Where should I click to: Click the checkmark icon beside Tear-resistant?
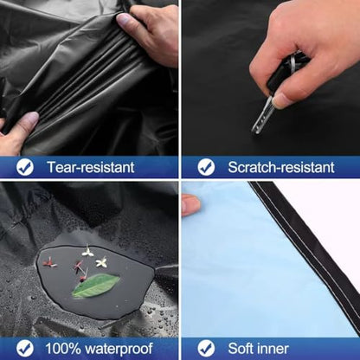click(x=25, y=167)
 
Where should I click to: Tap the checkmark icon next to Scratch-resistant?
click(x=206, y=167)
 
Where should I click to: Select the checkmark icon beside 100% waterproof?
click(x=25, y=349)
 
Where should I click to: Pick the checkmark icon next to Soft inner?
click(x=206, y=349)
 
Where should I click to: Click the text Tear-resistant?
click(x=91, y=167)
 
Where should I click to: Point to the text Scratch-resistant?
click(x=281, y=167)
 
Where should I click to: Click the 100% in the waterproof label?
click(x=63, y=349)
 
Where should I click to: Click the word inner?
click(x=273, y=349)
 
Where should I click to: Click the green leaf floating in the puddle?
click(x=95, y=286)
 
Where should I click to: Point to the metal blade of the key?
click(x=261, y=116)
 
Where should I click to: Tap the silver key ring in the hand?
click(x=292, y=63)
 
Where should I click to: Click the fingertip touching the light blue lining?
click(x=190, y=205)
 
